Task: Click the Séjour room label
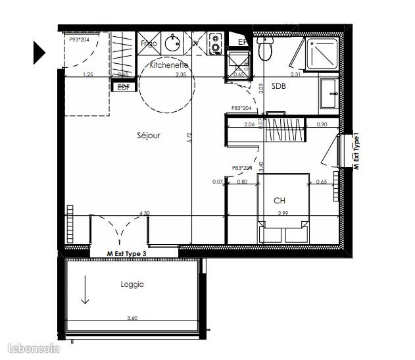(149, 136)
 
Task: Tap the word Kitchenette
(169, 66)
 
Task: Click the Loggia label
(132, 285)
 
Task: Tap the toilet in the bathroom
(266, 49)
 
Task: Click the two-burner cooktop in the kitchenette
(216, 43)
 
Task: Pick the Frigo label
(149, 43)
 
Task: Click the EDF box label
(122, 87)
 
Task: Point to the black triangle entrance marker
(39, 52)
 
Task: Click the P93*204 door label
(80, 40)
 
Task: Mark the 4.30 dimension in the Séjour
(144, 213)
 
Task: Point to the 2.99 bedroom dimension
(283, 213)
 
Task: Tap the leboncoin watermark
(26, 349)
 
